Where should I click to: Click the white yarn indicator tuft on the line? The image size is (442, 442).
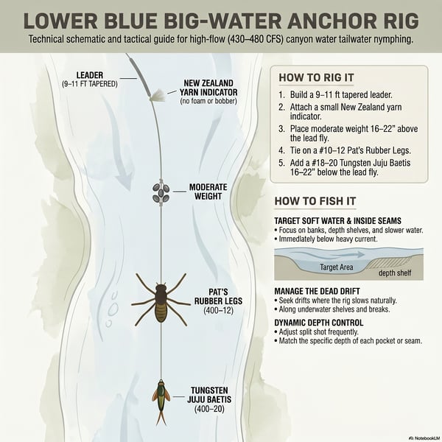click(x=158, y=95)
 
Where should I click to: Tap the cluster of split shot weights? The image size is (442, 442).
click(x=161, y=193)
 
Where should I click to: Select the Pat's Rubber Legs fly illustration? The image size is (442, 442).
click(x=161, y=301)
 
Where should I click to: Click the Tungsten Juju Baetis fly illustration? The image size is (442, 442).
click(x=161, y=401)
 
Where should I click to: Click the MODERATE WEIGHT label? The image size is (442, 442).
click(x=208, y=192)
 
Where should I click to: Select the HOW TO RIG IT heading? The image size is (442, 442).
click(x=316, y=77)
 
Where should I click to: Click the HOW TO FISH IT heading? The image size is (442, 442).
click(x=315, y=201)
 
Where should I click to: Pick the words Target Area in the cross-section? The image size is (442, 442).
click(x=337, y=267)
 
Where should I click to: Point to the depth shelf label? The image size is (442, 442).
click(x=395, y=273)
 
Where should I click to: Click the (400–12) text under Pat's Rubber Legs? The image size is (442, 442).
click(x=219, y=310)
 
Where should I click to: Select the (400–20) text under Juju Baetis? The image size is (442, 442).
click(x=209, y=409)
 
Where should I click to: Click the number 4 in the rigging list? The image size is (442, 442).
click(x=281, y=150)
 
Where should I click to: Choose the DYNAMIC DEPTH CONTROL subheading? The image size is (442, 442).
click(x=319, y=323)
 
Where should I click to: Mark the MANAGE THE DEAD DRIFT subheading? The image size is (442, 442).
click(x=317, y=291)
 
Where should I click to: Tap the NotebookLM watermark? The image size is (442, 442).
click(x=425, y=438)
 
